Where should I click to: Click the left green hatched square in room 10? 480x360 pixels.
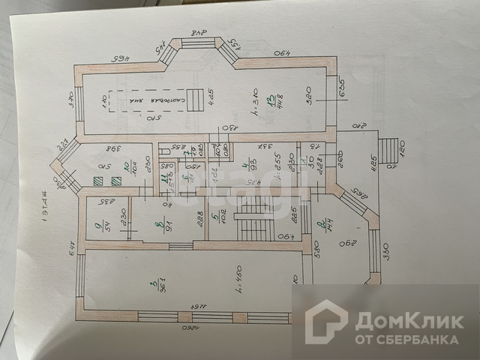click(x=97, y=181)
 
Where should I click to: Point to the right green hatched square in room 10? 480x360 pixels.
click(x=115, y=181)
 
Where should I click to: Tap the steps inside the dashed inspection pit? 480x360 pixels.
click(x=195, y=99)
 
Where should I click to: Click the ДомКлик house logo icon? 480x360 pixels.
click(x=325, y=323)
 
